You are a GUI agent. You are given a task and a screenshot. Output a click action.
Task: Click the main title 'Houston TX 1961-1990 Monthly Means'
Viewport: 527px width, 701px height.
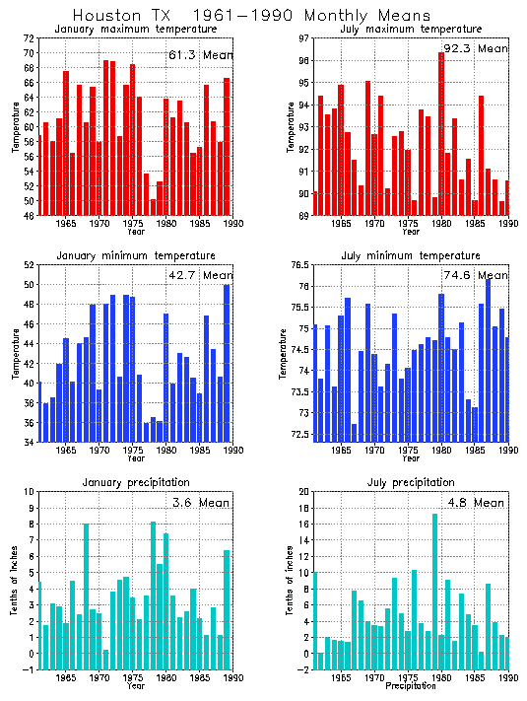(x=252, y=16)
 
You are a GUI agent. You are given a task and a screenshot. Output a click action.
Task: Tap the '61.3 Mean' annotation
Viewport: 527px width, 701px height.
(x=200, y=55)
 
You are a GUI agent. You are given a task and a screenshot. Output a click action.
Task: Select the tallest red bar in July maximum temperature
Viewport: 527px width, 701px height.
(x=441, y=133)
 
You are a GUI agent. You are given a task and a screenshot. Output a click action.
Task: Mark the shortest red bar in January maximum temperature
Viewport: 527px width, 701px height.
(x=153, y=207)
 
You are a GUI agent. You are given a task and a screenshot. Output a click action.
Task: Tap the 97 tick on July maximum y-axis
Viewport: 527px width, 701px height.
(x=304, y=37)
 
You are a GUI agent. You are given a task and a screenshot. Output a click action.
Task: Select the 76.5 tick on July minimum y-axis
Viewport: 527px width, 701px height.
(x=299, y=265)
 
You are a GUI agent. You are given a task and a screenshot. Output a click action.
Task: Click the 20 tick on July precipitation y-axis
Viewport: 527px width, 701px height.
(x=304, y=491)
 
